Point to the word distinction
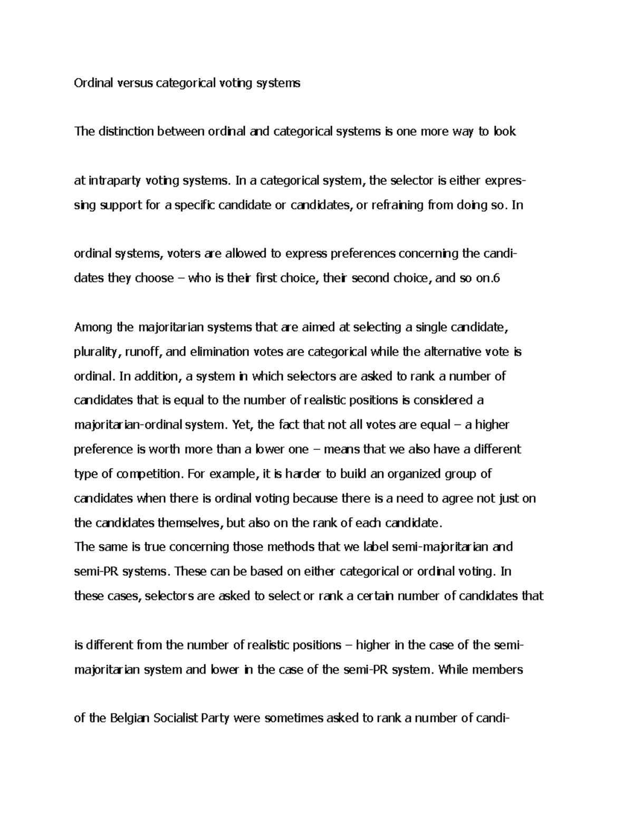point(124,131)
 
